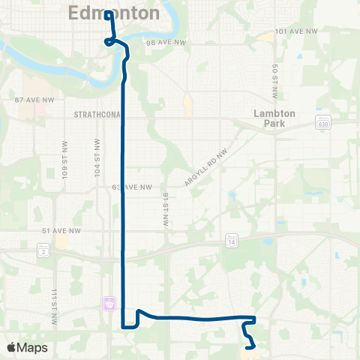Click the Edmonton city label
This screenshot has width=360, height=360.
(x=114, y=13)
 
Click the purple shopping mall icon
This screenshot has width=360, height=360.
(x=109, y=304)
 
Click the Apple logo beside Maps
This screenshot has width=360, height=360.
(x=13, y=347)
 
